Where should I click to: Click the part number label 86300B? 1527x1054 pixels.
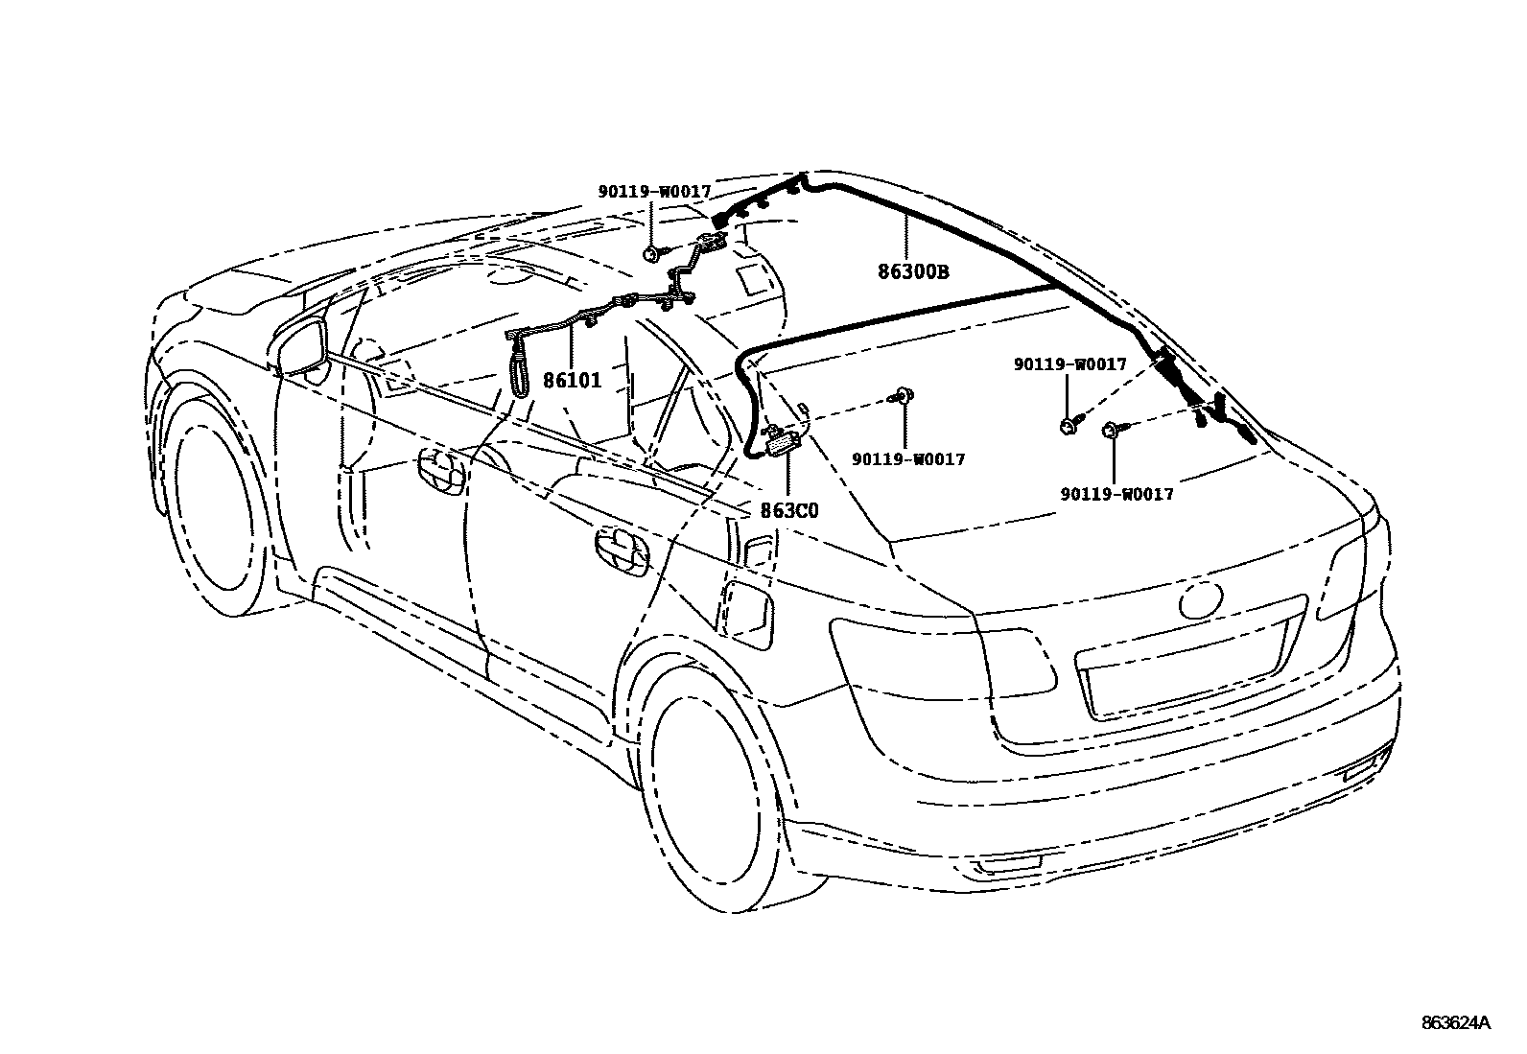point(913,271)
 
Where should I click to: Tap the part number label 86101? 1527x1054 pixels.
point(573,380)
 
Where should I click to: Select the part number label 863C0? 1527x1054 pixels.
point(789,510)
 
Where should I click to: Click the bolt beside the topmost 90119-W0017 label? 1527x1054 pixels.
point(653,253)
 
